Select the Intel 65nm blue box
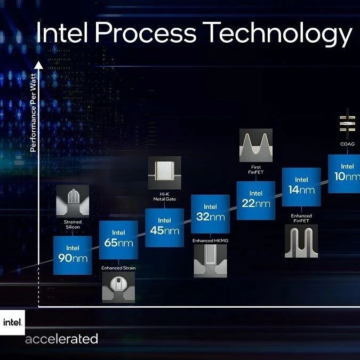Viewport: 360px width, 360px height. pos(118,239)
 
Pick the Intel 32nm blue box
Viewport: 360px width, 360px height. pos(210,213)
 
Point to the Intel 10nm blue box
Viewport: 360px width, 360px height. pos(343,174)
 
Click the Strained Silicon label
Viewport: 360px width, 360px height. pos(72,224)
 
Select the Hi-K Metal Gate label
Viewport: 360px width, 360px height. pos(164,196)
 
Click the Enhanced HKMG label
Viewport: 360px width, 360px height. pos(210,241)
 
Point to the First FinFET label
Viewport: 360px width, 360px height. pos(256,170)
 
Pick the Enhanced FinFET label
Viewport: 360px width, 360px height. pos(301,218)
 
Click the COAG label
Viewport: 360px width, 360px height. pos(347,143)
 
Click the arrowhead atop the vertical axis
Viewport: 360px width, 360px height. pos(38,65)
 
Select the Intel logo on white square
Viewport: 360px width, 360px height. pos(12,322)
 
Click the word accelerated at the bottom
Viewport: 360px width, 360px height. pos(62,339)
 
